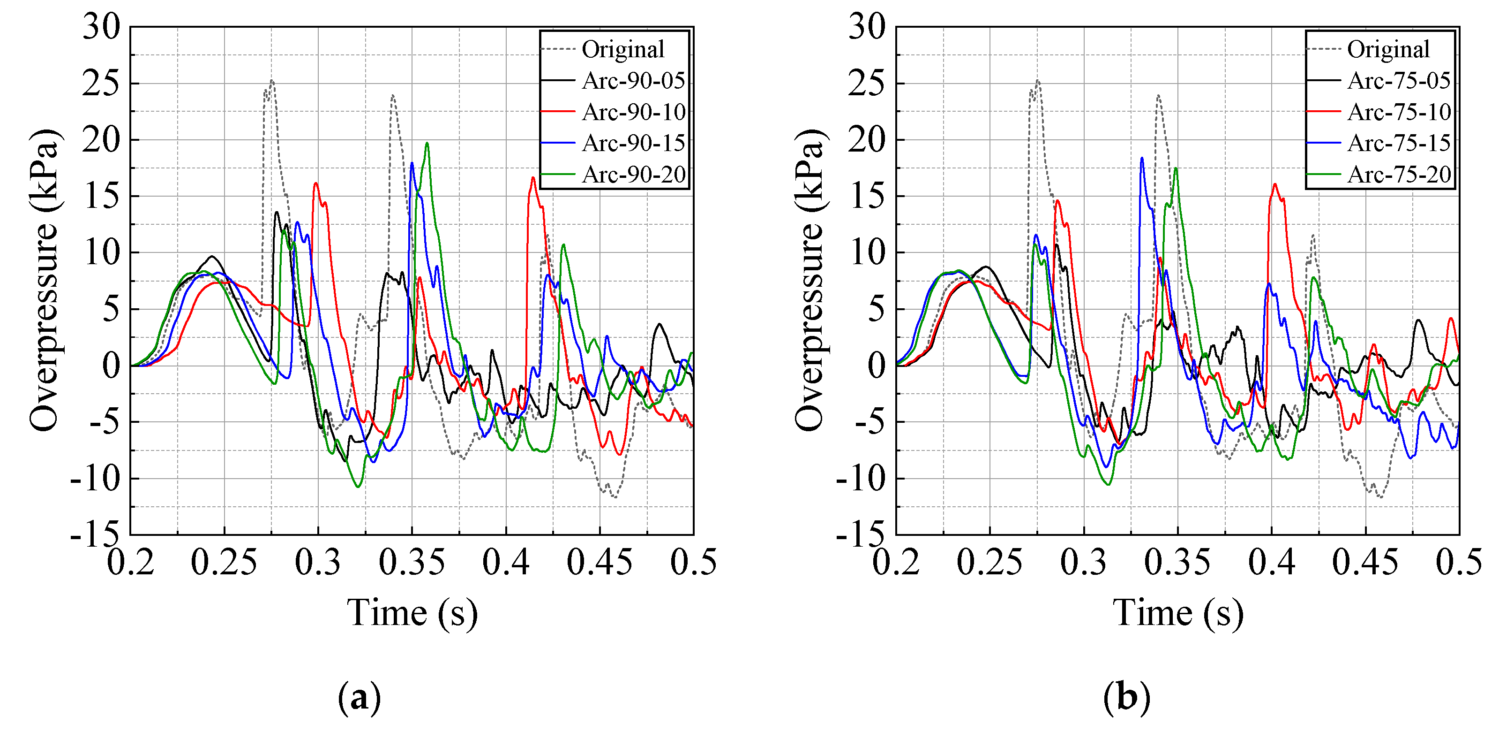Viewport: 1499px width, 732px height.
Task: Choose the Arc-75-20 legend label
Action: pyautogui.click(x=1398, y=175)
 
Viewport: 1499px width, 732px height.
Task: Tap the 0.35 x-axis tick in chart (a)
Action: pyautogui.click(x=412, y=563)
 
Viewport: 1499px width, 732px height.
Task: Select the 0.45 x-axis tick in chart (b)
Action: pyautogui.click(x=1364, y=563)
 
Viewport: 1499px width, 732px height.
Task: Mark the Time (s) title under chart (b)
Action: pyautogui.click(x=1178, y=613)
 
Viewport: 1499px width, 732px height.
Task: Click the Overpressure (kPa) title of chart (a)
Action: pyautogui.click(x=44, y=280)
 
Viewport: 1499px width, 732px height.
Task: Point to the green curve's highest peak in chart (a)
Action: pyautogui.click(x=427, y=143)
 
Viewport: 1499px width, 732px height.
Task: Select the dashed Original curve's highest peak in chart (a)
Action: pyautogui.click(x=272, y=81)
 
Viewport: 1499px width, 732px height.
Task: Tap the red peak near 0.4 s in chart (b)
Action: pyautogui.click(x=1274, y=184)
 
